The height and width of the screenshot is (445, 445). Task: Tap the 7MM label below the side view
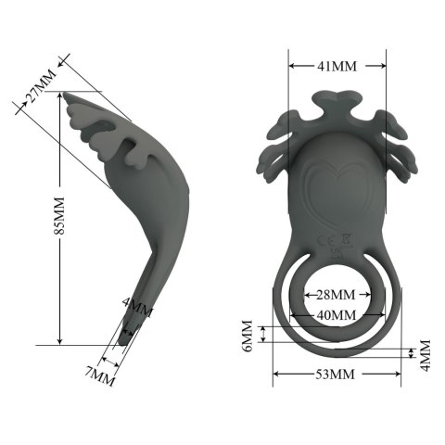(x=100, y=375)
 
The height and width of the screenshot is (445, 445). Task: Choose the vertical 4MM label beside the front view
(x=425, y=352)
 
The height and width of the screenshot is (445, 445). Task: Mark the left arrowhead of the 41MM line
(x=292, y=66)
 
